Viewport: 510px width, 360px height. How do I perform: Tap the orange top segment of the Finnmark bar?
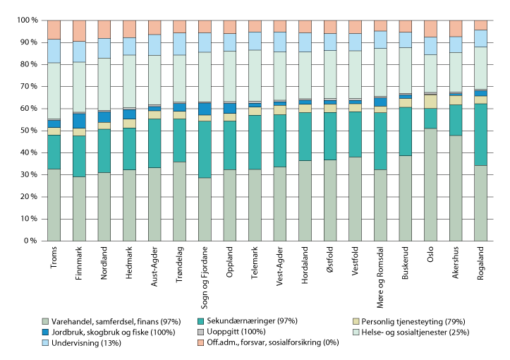click(x=79, y=30)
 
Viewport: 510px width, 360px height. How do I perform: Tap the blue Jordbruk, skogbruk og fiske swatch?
click(x=46, y=332)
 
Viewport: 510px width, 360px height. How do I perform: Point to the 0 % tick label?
click(x=26, y=241)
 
